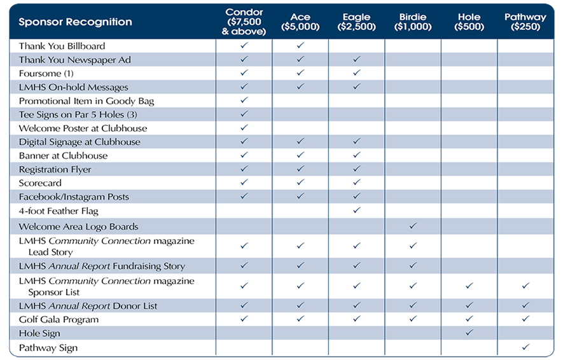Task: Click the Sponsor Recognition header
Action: pyautogui.click(x=75, y=22)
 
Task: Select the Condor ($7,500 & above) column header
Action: pyautogui.click(x=244, y=22)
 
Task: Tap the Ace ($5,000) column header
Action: pyautogui.click(x=300, y=22)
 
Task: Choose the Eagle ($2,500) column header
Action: pyautogui.click(x=356, y=22)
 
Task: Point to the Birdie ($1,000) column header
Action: pyautogui.click(x=412, y=22)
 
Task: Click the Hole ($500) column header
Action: pyautogui.click(x=469, y=22)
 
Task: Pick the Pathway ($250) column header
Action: pyautogui.click(x=525, y=22)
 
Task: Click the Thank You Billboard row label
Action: pyautogui.click(x=62, y=46)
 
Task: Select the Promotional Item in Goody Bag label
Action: pyautogui.click(x=86, y=101)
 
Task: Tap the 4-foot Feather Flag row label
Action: pyautogui.click(x=59, y=211)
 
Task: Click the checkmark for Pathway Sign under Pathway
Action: pyautogui.click(x=525, y=347)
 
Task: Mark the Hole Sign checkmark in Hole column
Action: pyautogui.click(x=469, y=333)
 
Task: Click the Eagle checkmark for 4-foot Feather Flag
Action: pyautogui.click(x=357, y=211)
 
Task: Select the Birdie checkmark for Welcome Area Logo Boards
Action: pyautogui.click(x=413, y=226)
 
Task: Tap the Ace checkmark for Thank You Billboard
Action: pyautogui.click(x=300, y=46)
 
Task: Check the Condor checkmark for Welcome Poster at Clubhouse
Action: pyautogui.click(x=244, y=128)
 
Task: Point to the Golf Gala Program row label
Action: pyautogui.click(x=59, y=319)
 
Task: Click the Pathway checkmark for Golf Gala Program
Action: pyautogui.click(x=525, y=319)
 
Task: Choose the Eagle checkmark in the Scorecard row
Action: pyautogui.click(x=357, y=183)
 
